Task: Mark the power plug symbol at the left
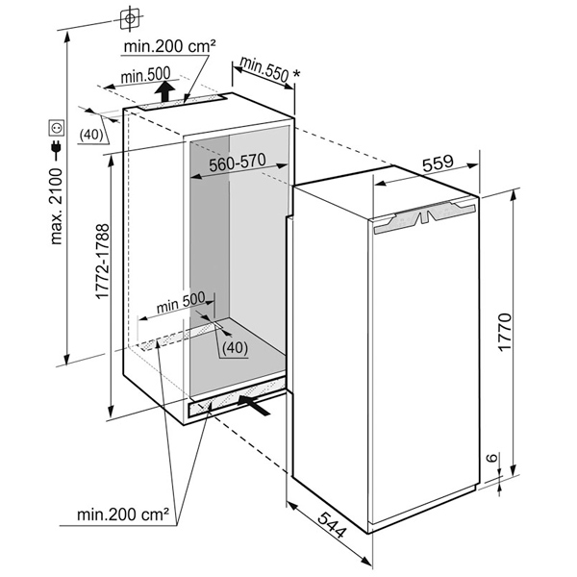(55, 150)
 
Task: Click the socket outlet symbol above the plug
(55, 127)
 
